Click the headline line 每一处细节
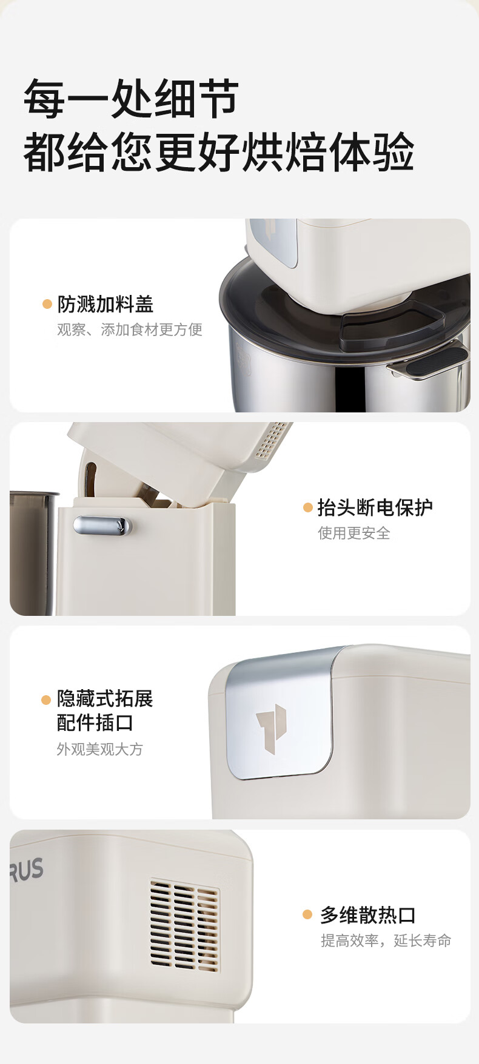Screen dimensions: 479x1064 [131, 98]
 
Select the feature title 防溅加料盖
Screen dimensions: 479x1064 [106, 304]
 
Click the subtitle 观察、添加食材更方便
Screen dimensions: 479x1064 [130, 329]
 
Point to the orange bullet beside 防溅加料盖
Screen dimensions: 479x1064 [47, 304]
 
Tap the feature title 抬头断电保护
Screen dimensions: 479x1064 [375, 507]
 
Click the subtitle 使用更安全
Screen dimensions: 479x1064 [354, 533]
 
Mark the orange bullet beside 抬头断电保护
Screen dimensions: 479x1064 [307, 507]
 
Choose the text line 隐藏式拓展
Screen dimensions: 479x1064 [105, 699]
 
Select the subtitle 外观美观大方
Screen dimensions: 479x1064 [100, 749]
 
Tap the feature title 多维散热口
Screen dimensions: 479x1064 [368, 915]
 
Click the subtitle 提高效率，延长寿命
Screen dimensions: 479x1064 [386, 940]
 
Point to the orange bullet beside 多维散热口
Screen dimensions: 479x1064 [307, 915]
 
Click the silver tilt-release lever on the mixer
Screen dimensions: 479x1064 [102, 526]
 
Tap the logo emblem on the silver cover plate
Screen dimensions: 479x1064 [271, 729]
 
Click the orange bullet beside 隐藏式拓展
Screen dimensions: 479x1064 [46, 700]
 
